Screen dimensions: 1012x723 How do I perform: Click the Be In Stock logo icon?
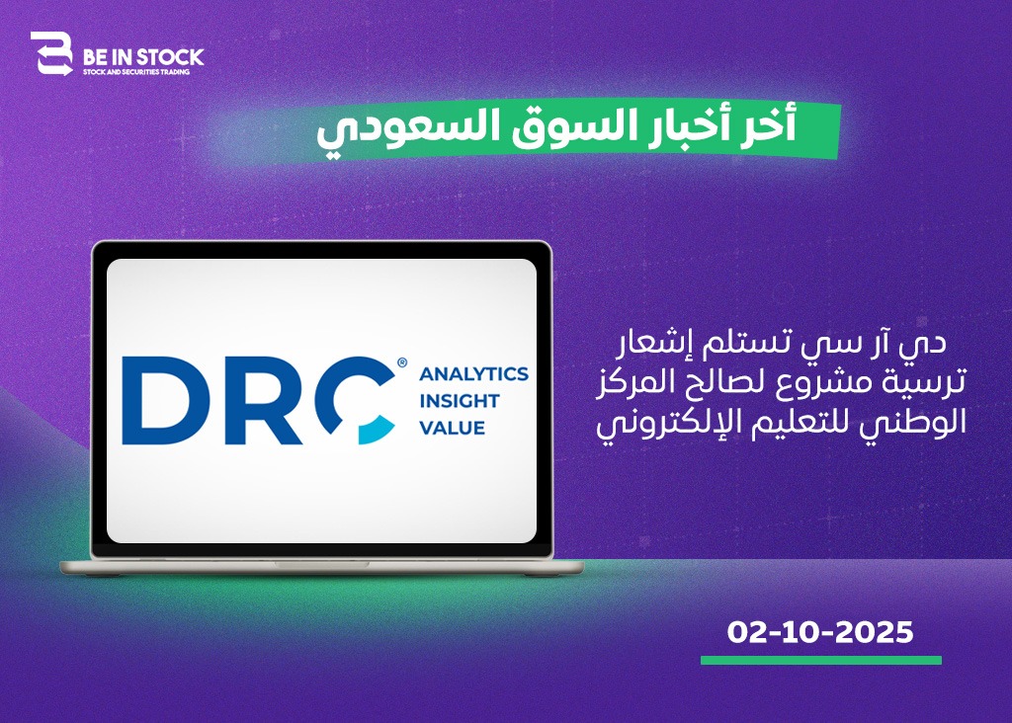tap(51, 53)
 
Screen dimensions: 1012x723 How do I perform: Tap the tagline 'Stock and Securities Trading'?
tap(136, 72)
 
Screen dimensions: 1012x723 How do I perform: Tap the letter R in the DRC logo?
tap(264, 401)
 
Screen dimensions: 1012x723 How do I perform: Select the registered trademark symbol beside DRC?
tap(402, 363)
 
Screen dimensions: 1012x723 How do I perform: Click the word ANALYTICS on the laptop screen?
tap(473, 373)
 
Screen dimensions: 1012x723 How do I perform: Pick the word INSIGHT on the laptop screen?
tap(460, 401)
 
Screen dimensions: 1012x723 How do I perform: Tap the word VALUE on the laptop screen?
tap(452, 428)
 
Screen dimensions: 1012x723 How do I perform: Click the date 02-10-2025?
tap(820, 632)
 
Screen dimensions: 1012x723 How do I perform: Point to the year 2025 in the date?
tap(875, 632)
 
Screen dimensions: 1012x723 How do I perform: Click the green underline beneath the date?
tap(821, 661)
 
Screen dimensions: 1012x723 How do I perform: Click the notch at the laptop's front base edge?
tap(321, 564)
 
